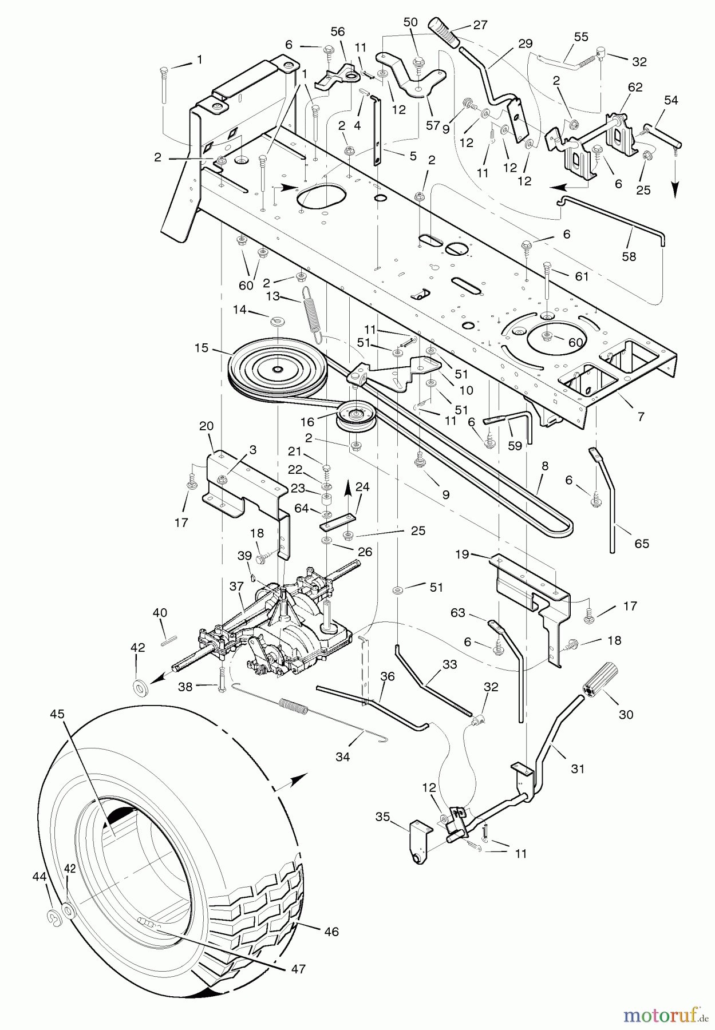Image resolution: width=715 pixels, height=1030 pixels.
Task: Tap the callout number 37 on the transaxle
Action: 237,587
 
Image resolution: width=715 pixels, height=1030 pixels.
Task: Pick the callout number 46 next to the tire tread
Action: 331,932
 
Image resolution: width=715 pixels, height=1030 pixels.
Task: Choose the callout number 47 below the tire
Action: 298,969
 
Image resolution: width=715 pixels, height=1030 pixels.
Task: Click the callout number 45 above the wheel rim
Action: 57,714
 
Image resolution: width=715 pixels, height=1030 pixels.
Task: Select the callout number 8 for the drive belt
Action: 545,466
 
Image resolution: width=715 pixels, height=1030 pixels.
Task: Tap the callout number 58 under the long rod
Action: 629,256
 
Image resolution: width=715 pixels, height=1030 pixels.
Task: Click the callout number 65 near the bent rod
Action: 642,543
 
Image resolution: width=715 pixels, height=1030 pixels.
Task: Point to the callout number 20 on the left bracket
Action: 206,426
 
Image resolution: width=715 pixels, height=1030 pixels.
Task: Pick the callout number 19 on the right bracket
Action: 462,554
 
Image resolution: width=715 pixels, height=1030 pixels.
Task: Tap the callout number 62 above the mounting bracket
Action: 635,88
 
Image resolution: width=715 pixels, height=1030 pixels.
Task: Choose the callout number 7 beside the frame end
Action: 641,417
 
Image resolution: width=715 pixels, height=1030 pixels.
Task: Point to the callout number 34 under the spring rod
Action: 343,757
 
